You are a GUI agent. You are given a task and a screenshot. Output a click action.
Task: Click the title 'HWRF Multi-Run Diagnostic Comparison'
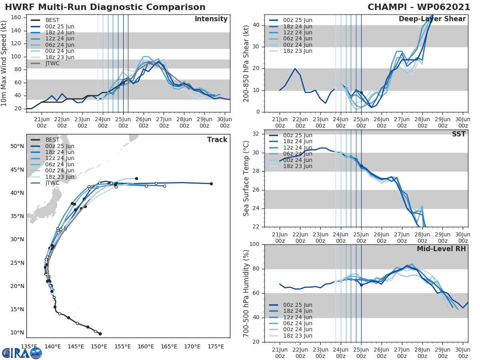tap(105, 7)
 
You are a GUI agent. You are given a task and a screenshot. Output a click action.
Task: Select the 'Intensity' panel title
tap(211, 19)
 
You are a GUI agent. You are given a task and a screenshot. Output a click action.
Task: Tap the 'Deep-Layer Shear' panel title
tap(432, 19)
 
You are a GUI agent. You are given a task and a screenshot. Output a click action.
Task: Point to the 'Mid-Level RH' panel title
tap(441, 249)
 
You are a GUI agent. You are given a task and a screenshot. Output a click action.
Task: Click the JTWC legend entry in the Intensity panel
tap(52, 63)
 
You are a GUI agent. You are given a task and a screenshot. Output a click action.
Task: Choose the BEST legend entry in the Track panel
tap(52, 140)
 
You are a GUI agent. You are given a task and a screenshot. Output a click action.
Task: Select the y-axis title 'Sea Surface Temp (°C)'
tap(246, 178)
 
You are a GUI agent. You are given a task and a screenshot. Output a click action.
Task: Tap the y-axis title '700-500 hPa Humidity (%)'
tap(246, 293)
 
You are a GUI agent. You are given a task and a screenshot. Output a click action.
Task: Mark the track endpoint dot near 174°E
tap(211, 184)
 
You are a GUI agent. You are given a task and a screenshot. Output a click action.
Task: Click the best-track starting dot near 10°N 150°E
tap(100, 334)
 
